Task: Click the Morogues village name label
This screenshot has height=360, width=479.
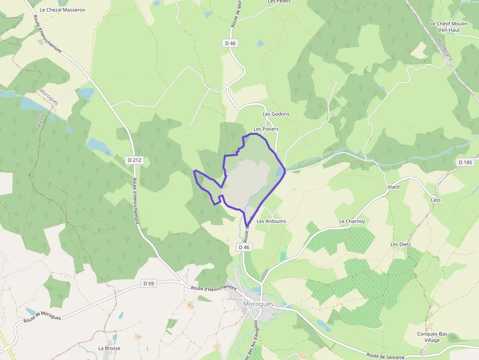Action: (258, 304)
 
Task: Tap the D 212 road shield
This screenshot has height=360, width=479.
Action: (134, 160)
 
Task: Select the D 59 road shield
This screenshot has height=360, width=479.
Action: (148, 283)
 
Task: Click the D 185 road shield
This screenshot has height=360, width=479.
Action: (466, 162)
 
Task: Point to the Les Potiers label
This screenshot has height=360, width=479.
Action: (266, 129)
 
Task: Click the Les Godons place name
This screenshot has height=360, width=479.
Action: (276, 114)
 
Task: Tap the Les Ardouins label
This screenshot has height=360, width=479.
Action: (271, 221)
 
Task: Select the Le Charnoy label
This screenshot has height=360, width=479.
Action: (352, 221)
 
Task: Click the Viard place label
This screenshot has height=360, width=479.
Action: (393, 187)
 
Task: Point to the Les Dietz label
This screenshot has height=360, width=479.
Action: (401, 244)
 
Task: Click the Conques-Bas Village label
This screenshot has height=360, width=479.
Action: (432, 337)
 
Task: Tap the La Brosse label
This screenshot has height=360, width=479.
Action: (109, 348)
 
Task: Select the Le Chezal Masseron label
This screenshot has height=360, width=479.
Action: (62, 10)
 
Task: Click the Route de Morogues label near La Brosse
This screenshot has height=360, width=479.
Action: (43, 316)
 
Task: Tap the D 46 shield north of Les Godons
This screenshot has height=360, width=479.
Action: (231, 43)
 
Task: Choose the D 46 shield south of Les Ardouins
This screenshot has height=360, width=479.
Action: (244, 247)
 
